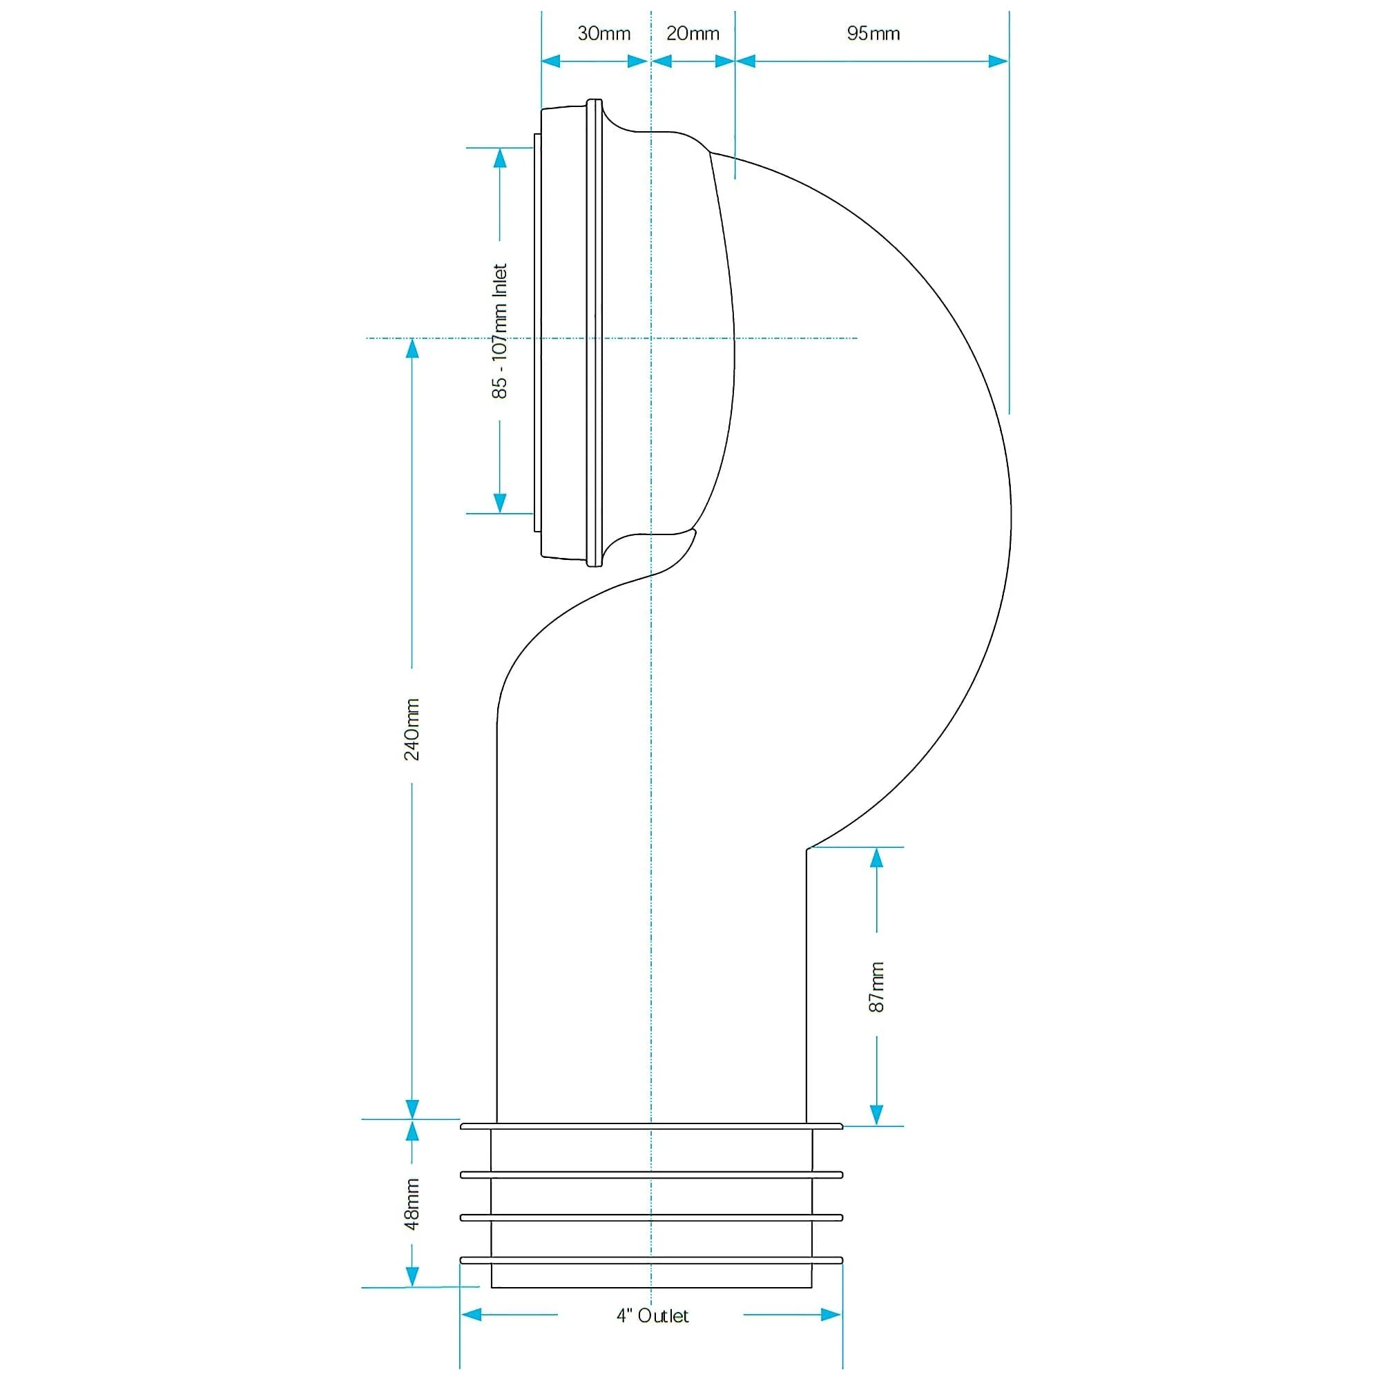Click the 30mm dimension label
tap(604, 34)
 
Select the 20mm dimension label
tap(693, 34)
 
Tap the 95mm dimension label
tap(873, 34)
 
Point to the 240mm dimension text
tap(412, 729)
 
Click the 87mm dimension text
tap(877, 987)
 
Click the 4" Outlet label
tap(653, 1335)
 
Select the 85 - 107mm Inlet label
tap(500, 331)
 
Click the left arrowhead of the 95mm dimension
tap(746, 61)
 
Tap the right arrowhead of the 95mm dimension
tap(998, 61)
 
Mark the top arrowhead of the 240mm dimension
tap(412, 348)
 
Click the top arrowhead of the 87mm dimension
tap(877, 858)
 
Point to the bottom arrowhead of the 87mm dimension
tap(877, 1115)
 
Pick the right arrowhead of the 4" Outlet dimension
tap(831, 1335)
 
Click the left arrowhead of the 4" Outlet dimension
tap(471, 1335)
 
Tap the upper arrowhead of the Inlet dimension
tap(500, 158)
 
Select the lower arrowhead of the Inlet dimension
tap(500, 503)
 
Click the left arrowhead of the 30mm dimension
tap(552, 61)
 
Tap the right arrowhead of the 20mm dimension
tap(726, 61)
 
